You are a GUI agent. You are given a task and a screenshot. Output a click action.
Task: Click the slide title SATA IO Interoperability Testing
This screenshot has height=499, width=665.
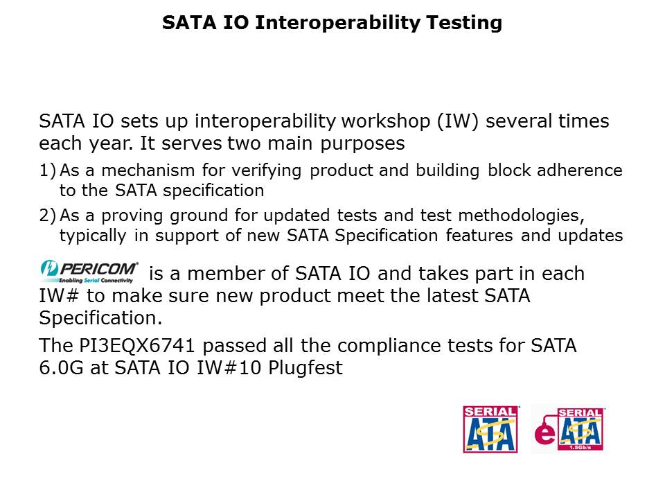[x=332, y=23]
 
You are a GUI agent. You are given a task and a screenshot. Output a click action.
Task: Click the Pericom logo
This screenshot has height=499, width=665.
[x=89, y=272]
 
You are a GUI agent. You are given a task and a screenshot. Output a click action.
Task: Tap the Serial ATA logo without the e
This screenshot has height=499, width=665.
[x=490, y=430]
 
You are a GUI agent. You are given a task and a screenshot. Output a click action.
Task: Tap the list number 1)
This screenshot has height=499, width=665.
[x=48, y=170]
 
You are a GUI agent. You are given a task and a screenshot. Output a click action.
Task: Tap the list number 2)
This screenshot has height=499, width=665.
[x=48, y=216]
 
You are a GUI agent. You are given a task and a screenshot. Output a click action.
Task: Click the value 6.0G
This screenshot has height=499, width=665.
[x=62, y=368]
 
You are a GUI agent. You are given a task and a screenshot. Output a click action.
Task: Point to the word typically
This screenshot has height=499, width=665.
[x=90, y=236]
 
